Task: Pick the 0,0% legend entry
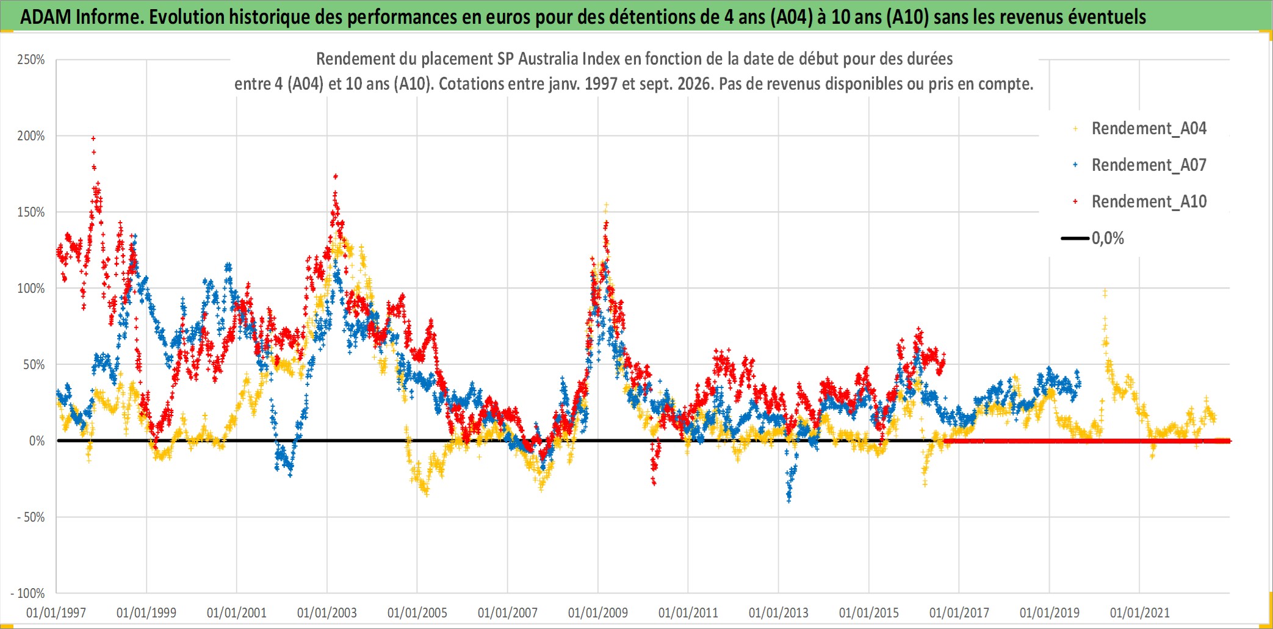[x=1093, y=238]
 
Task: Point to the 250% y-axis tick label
[x=31, y=60]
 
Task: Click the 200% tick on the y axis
[x=31, y=136]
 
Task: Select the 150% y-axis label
[x=31, y=212]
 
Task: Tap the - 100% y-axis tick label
[x=28, y=593]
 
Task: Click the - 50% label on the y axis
[x=31, y=517]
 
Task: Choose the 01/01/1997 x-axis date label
[x=56, y=613]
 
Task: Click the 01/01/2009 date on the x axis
[x=598, y=613]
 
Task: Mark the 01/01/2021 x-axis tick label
[x=1140, y=613]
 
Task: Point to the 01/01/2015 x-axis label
[x=869, y=613]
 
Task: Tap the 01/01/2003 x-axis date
[x=327, y=613]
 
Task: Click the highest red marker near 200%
[x=93, y=138]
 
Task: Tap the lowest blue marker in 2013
[x=789, y=501]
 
